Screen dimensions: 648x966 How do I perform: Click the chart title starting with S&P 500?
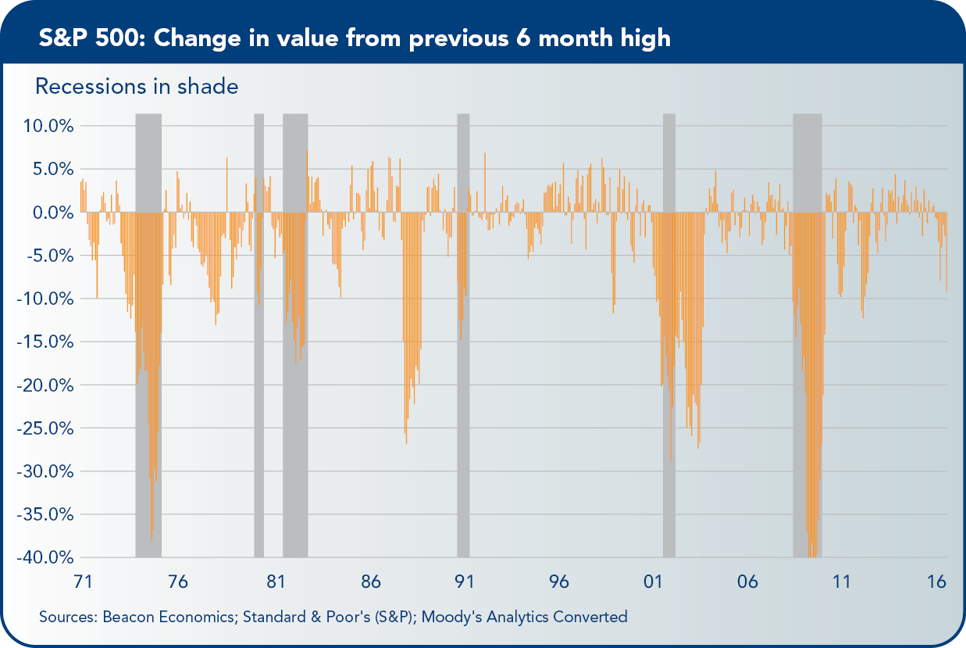(355, 38)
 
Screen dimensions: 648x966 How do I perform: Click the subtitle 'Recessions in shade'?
(137, 86)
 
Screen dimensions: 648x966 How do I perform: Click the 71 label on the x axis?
(83, 582)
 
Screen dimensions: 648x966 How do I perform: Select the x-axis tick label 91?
(465, 582)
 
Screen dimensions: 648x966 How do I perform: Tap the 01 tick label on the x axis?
(653, 582)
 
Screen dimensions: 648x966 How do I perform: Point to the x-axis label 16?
(936, 582)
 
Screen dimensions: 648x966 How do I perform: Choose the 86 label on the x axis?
(370, 582)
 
